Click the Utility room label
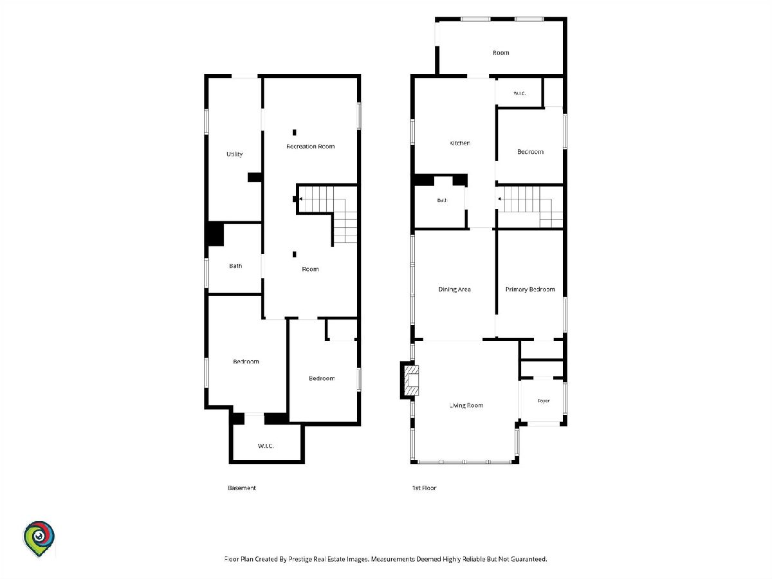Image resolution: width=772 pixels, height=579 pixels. pos(234,154)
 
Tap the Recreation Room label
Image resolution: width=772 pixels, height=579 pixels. pos(310,146)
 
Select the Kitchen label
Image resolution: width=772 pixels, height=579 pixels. pos(460,143)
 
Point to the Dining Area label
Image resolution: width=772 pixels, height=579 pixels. pos(454,289)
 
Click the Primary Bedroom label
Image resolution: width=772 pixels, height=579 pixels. pos(530,289)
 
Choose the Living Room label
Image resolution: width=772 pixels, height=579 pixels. pos(466,405)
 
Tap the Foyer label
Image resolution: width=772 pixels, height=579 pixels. pos(544,401)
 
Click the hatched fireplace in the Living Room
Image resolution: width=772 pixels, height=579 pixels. pos(412,380)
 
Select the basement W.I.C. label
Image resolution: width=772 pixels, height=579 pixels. pos(266,446)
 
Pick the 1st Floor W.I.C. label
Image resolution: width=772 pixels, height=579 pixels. pos(519,93)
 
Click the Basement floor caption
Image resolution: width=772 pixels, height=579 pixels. pos(242,488)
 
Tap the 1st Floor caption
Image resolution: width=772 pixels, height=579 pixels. pos(424,488)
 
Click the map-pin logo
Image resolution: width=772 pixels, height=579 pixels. pos(39,538)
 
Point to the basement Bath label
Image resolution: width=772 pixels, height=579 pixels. pos(235,266)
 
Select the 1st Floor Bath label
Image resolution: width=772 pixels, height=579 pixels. pos(442,200)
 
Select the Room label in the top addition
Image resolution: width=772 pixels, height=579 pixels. pos(501,53)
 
